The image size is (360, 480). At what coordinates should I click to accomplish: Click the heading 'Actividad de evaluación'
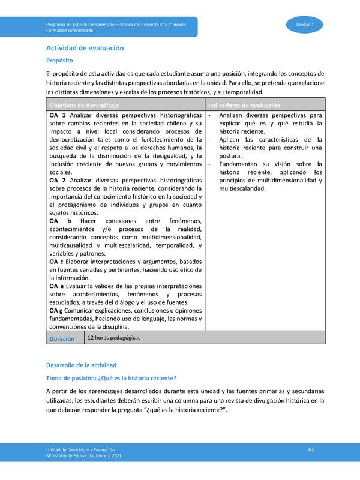point(85,47)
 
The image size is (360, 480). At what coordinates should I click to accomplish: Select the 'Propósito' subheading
point(60,61)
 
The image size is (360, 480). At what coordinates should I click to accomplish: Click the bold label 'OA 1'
point(57,115)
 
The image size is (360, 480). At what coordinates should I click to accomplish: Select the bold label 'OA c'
point(58,261)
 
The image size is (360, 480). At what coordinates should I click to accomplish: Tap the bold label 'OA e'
point(58,286)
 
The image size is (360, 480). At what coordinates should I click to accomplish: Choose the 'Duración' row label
point(62,338)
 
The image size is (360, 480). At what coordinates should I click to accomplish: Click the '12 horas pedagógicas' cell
point(114,338)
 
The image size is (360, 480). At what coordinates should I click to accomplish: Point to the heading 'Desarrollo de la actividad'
point(81,365)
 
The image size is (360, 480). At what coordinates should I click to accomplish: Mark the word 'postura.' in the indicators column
point(232,156)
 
